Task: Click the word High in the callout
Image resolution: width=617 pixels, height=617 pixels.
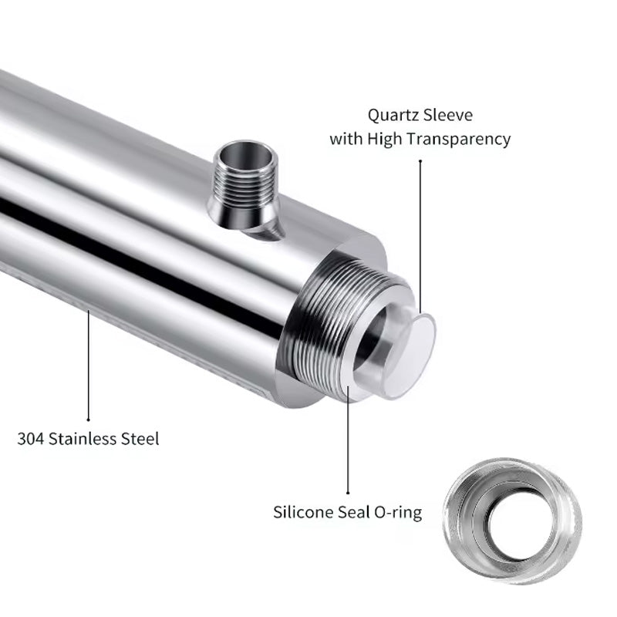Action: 389,140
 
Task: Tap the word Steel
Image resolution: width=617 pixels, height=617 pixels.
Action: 139,440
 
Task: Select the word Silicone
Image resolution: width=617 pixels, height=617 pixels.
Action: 303,511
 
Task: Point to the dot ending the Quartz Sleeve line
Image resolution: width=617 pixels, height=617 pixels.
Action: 420,160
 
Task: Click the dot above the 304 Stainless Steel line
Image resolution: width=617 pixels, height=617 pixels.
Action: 89,312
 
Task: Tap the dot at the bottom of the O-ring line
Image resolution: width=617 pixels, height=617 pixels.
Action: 348,491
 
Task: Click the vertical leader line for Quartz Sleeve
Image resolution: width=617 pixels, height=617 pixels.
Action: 420,231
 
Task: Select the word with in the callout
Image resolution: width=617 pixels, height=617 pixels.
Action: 346,140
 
